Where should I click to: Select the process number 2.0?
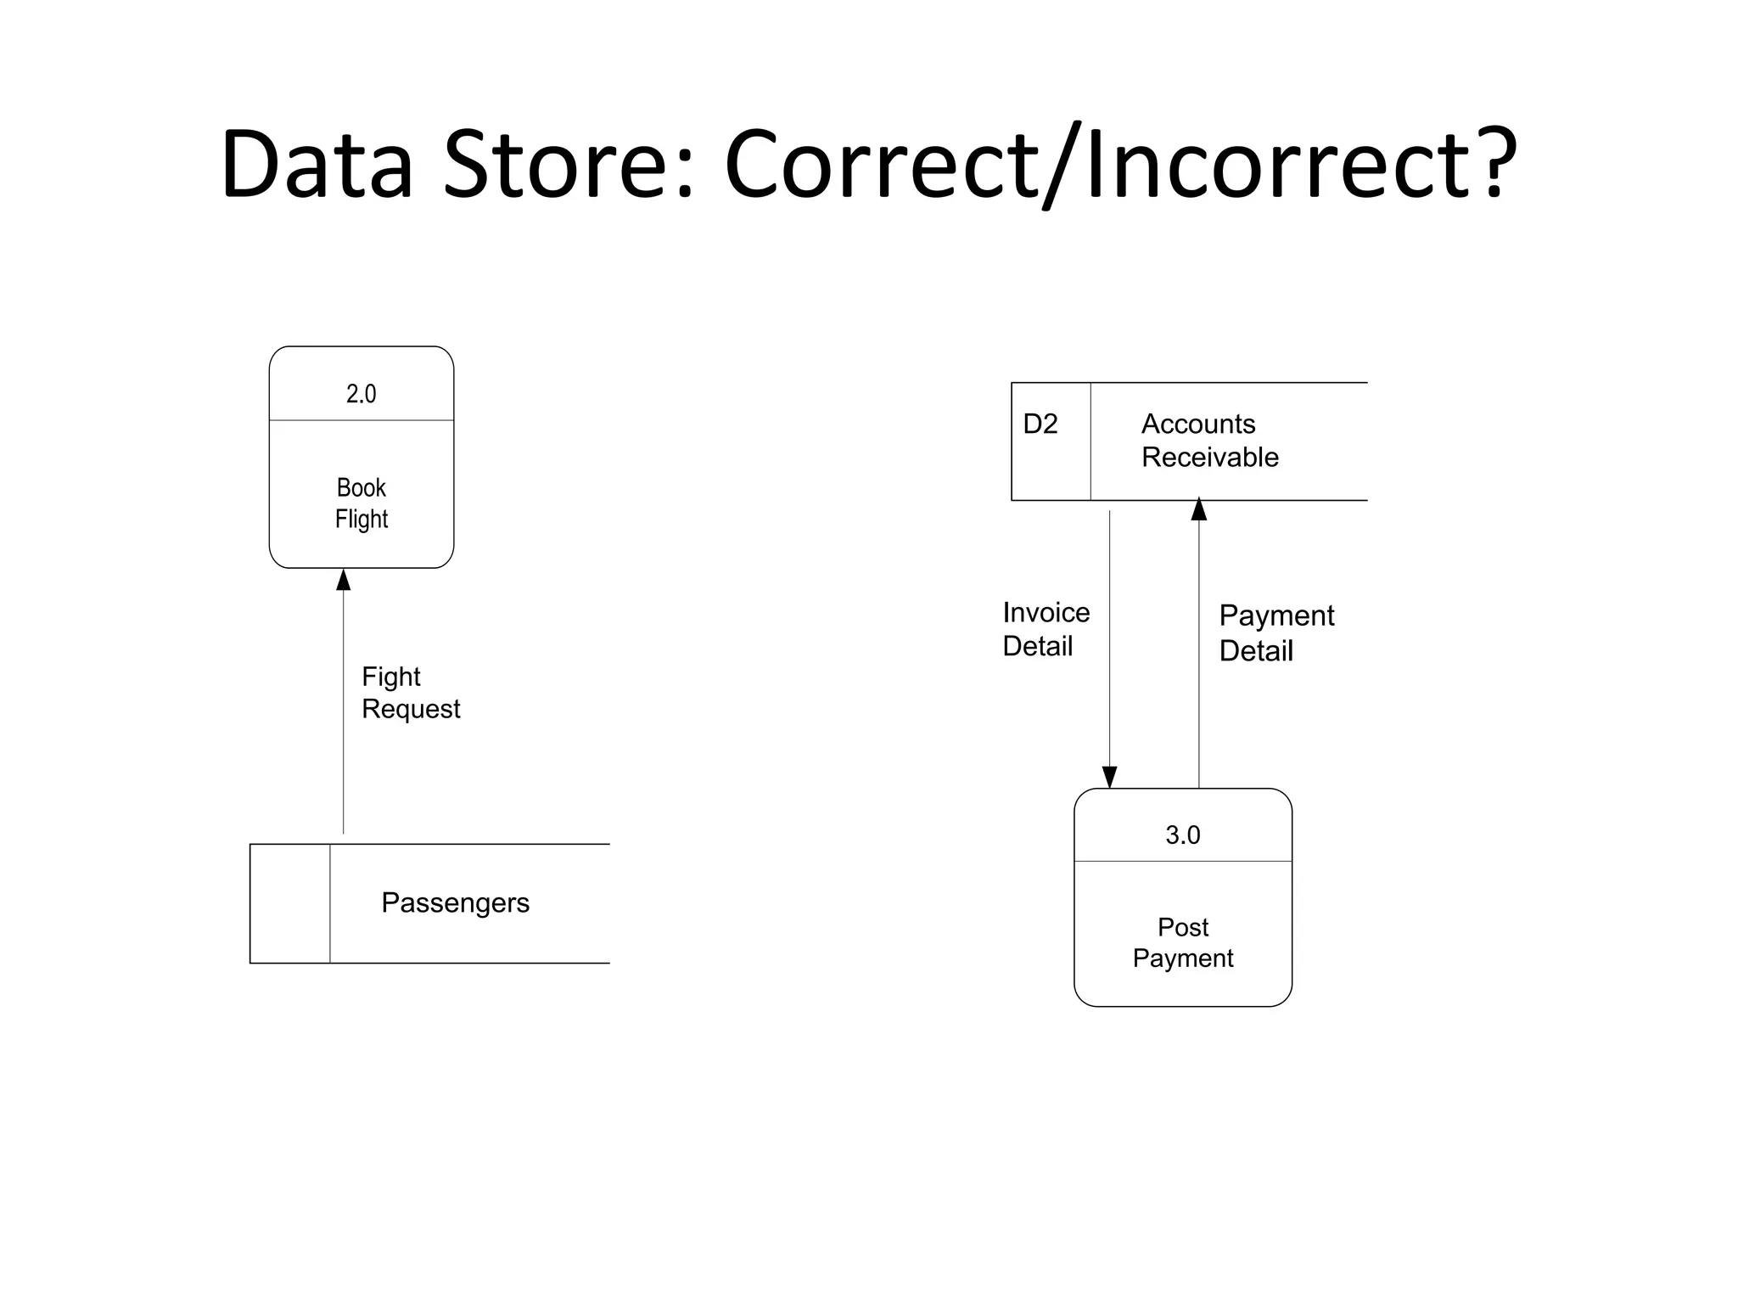pos(361,394)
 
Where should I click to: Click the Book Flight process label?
pos(362,503)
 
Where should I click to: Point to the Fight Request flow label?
pos(411,693)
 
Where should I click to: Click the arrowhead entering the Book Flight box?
pos(344,581)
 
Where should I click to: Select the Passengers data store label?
pos(455,902)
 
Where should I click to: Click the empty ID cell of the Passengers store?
pos(290,903)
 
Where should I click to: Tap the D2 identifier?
pos(1040,424)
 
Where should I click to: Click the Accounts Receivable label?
pos(1209,441)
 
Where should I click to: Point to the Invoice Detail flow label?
pos(1046,629)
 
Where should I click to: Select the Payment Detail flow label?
pos(1276,632)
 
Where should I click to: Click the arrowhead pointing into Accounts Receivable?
pos(1199,509)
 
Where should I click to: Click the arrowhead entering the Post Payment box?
pos(1109,777)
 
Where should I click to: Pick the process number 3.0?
pos(1182,835)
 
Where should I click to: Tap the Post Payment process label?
pos(1183,942)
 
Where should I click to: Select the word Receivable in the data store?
pos(1209,458)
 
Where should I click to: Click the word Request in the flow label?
pos(411,710)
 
